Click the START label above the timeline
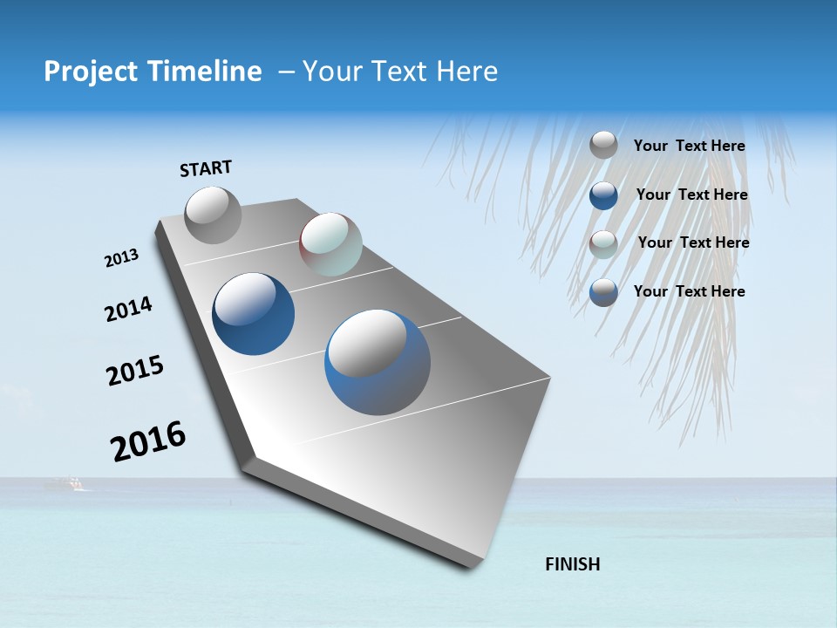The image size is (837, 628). pyautogui.click(x=206, y=168)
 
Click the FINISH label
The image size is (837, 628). pyautogui.click(x=572, y=564)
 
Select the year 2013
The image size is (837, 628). pyautogui.click(x=121, y=258)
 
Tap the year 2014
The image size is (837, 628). pyautogui.click(x=128, y=309)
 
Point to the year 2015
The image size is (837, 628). pyautogui.click(x=134, y=370)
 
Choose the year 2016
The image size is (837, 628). pyautogui.click(x=148, y=440)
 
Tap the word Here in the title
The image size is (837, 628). pyautogui.click(x=466, y=72)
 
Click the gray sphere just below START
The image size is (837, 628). pyautogui.click(x=213, y=215)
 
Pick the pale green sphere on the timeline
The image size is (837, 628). pyautogui.click(x=330, y=244)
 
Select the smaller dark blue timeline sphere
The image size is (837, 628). pyautogui.click(x=254, y=314)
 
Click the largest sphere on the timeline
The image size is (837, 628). pyautogui.click(x=378, y=362)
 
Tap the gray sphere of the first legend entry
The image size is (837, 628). pyautogui.click(x=603, y=145)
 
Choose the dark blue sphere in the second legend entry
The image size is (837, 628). pyautogui.click(x=603, y=195)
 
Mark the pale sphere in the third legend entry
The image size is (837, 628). pyautogui.click(x=603, y=244)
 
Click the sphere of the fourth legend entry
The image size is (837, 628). pyautogui.click(x=603, y=292)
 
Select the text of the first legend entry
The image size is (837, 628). pyautogui.click(x=689, y=146)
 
